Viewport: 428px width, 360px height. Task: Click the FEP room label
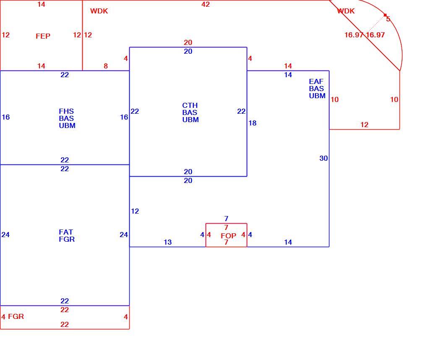click(x=43, y=36)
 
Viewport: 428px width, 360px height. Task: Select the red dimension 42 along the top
click(x=206, y=4)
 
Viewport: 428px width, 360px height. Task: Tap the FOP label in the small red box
click(x=228, y=236)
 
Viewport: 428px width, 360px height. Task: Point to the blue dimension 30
click(x=324, y=158)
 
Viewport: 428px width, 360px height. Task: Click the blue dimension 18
click(x=253, y=123)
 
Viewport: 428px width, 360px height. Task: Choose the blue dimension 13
click(x=167, y=242)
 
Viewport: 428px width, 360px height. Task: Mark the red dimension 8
click(x=106, y=66)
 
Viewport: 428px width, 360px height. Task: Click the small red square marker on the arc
click(x=385, y=15)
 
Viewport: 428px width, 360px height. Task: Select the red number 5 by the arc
click(x=388, y=19)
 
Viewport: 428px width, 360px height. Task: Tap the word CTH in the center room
click(x=190, y=105)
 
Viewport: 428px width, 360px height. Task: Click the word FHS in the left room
click(x=66, y=111)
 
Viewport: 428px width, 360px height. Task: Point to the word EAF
click(x=316, y=81)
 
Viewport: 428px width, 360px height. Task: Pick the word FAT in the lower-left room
click(x=66, y=232)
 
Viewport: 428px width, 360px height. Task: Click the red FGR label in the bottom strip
click(x=16, y=317)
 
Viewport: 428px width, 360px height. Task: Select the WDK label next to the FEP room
click(x=99, y=11)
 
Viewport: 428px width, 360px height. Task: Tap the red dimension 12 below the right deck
click(x=364, y=125)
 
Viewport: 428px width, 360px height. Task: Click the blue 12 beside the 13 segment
click(x=135, y=211)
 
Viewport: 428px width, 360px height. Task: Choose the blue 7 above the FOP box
click(x=226, y=219)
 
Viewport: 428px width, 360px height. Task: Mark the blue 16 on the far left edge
click(x=6, y=117)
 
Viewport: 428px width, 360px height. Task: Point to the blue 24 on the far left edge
click(x=5, y=235)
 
